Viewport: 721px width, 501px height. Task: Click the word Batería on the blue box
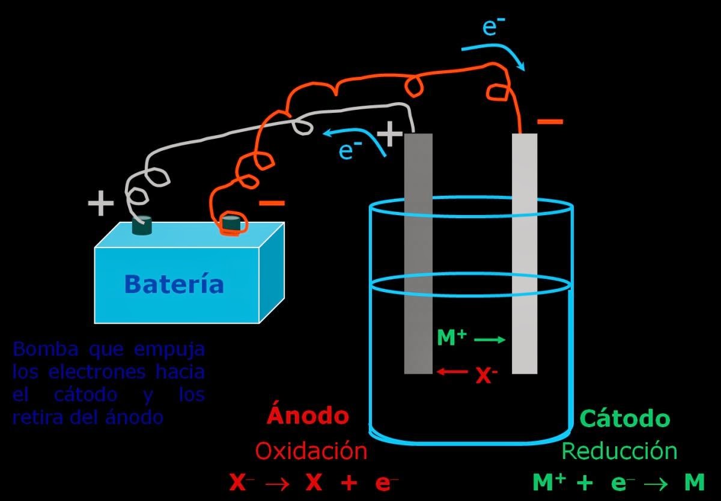pos(174,284)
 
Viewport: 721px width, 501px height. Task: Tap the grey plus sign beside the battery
pos(100,204)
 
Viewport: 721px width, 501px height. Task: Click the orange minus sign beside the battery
pos(272,204)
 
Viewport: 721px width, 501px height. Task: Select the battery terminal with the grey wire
pos(142,227)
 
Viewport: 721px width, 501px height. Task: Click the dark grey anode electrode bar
pos(418,252)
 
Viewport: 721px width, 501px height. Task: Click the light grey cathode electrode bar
pos(524,252)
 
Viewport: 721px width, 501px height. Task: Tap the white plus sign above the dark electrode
pos(390,135)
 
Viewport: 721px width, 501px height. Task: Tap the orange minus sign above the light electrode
pos(550,122)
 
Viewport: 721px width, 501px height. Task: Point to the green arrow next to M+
pos(490,340)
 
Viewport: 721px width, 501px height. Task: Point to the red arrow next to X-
pos(452,372)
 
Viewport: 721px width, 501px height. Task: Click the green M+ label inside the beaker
pos(452,338)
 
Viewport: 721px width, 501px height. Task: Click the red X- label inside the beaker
pos(486,376)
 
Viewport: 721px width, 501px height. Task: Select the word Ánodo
pos(308,415)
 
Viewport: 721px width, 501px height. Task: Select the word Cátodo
pos(624,418)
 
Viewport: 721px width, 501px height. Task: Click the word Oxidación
pos(310,451)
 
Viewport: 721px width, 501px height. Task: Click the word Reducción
pos(619,451)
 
